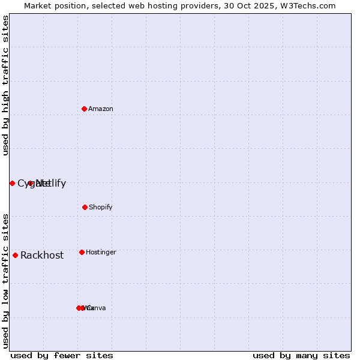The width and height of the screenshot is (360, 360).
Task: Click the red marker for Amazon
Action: (85, 109)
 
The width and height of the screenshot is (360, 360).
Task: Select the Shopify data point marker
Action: (85, 207)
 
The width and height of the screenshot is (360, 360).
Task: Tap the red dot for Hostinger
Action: (82, 252)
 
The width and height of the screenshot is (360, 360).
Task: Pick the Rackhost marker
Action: (15, 255)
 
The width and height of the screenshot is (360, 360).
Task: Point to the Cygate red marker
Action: (12, 183)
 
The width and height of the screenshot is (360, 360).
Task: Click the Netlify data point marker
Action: (31, 183)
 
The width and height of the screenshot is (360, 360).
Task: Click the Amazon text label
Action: (101, 109)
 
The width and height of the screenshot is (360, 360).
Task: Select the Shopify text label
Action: (101, 207)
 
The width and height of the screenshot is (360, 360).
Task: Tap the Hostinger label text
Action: (101, 252)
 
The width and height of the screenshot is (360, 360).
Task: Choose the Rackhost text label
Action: (42, 256)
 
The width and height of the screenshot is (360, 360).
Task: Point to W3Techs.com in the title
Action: (308, 5)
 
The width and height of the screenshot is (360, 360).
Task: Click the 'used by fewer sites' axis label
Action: (62, 355)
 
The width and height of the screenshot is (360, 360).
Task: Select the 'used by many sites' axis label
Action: (301, 355)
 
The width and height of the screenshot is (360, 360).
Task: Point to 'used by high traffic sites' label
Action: (5, 85)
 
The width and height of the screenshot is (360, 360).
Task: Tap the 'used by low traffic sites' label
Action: (5, 281)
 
